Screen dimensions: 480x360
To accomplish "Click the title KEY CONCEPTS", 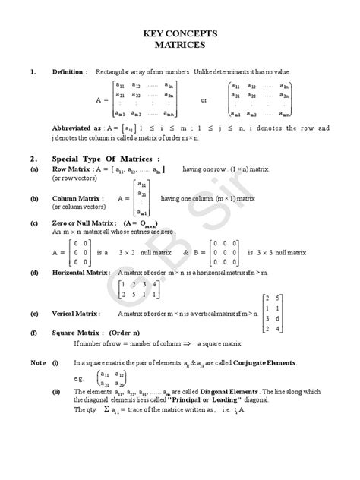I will pyautogui.click(x=180, y=33).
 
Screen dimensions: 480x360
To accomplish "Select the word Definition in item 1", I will pyautogui.click(x=67, y=71).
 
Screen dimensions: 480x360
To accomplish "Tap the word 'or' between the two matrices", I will pyautogui.click(x=204, y=99).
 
